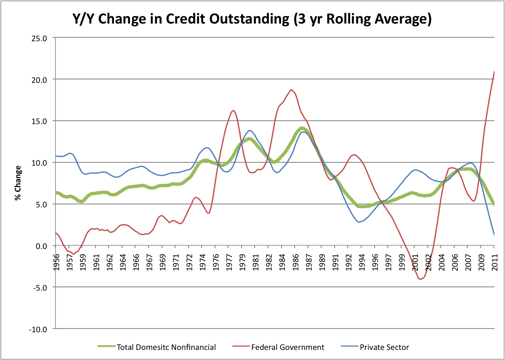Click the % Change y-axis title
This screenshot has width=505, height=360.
click(x=18, y=183)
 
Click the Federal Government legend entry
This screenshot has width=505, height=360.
click(x=287, y=347)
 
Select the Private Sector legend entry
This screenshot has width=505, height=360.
click(x=384, y=347)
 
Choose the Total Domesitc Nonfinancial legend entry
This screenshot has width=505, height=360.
click(x=166, y=347)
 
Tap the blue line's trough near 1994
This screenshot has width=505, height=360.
click(x=359, y=222)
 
